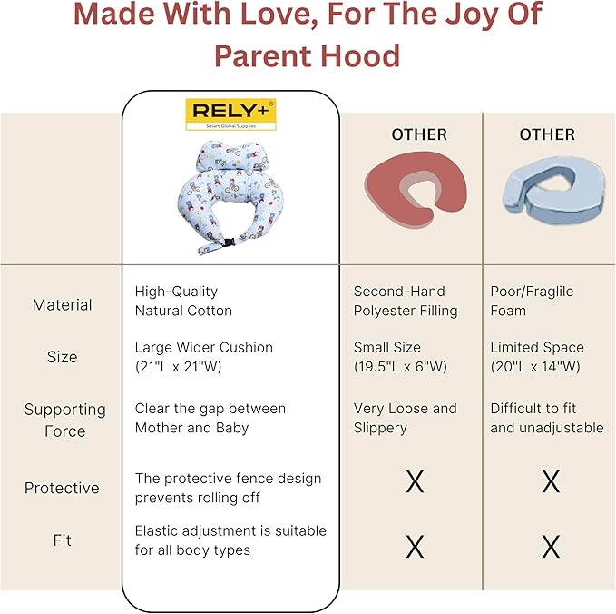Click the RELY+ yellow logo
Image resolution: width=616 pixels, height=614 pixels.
230,114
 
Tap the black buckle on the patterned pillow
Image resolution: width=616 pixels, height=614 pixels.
229,243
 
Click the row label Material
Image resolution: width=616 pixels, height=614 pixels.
62,305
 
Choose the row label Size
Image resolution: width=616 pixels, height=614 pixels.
62,357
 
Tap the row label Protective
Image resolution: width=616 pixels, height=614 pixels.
62,488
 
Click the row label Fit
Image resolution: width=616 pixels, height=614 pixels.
62,540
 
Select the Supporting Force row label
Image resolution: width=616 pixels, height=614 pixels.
64,421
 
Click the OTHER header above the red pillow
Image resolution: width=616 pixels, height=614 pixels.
419,134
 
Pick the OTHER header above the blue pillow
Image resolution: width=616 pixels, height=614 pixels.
547,134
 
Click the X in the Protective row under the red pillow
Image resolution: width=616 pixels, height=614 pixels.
415,481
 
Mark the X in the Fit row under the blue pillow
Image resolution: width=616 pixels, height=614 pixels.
551,547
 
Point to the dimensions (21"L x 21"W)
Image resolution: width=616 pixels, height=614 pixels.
179,367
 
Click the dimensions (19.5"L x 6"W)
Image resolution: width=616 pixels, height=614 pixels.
400,367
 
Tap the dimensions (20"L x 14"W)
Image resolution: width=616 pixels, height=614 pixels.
535,367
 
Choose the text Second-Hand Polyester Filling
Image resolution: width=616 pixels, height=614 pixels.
406,301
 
